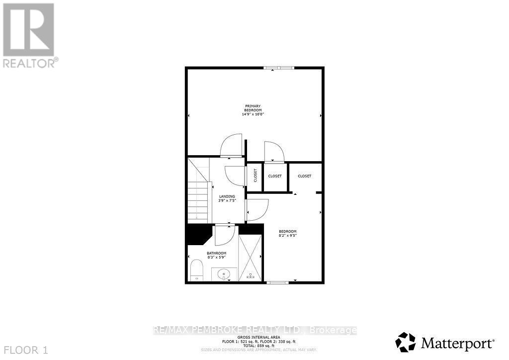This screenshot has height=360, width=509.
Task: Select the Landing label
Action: coord(227,196)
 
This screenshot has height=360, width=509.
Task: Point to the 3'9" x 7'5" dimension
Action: coord(227,201)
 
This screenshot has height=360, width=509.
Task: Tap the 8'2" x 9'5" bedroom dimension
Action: coord(287,236)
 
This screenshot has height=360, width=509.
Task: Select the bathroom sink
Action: coord(225,273)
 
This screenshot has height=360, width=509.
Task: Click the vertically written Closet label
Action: coord(255,176)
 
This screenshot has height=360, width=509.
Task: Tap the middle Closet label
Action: coord(275,176)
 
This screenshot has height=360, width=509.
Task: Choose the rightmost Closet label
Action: coord(305,176)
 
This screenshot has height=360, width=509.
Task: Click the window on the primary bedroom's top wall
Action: coord(278,68)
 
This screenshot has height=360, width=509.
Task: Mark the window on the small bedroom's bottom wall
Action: coord(277,282)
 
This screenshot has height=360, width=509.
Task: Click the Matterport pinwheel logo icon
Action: coord(405,342)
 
